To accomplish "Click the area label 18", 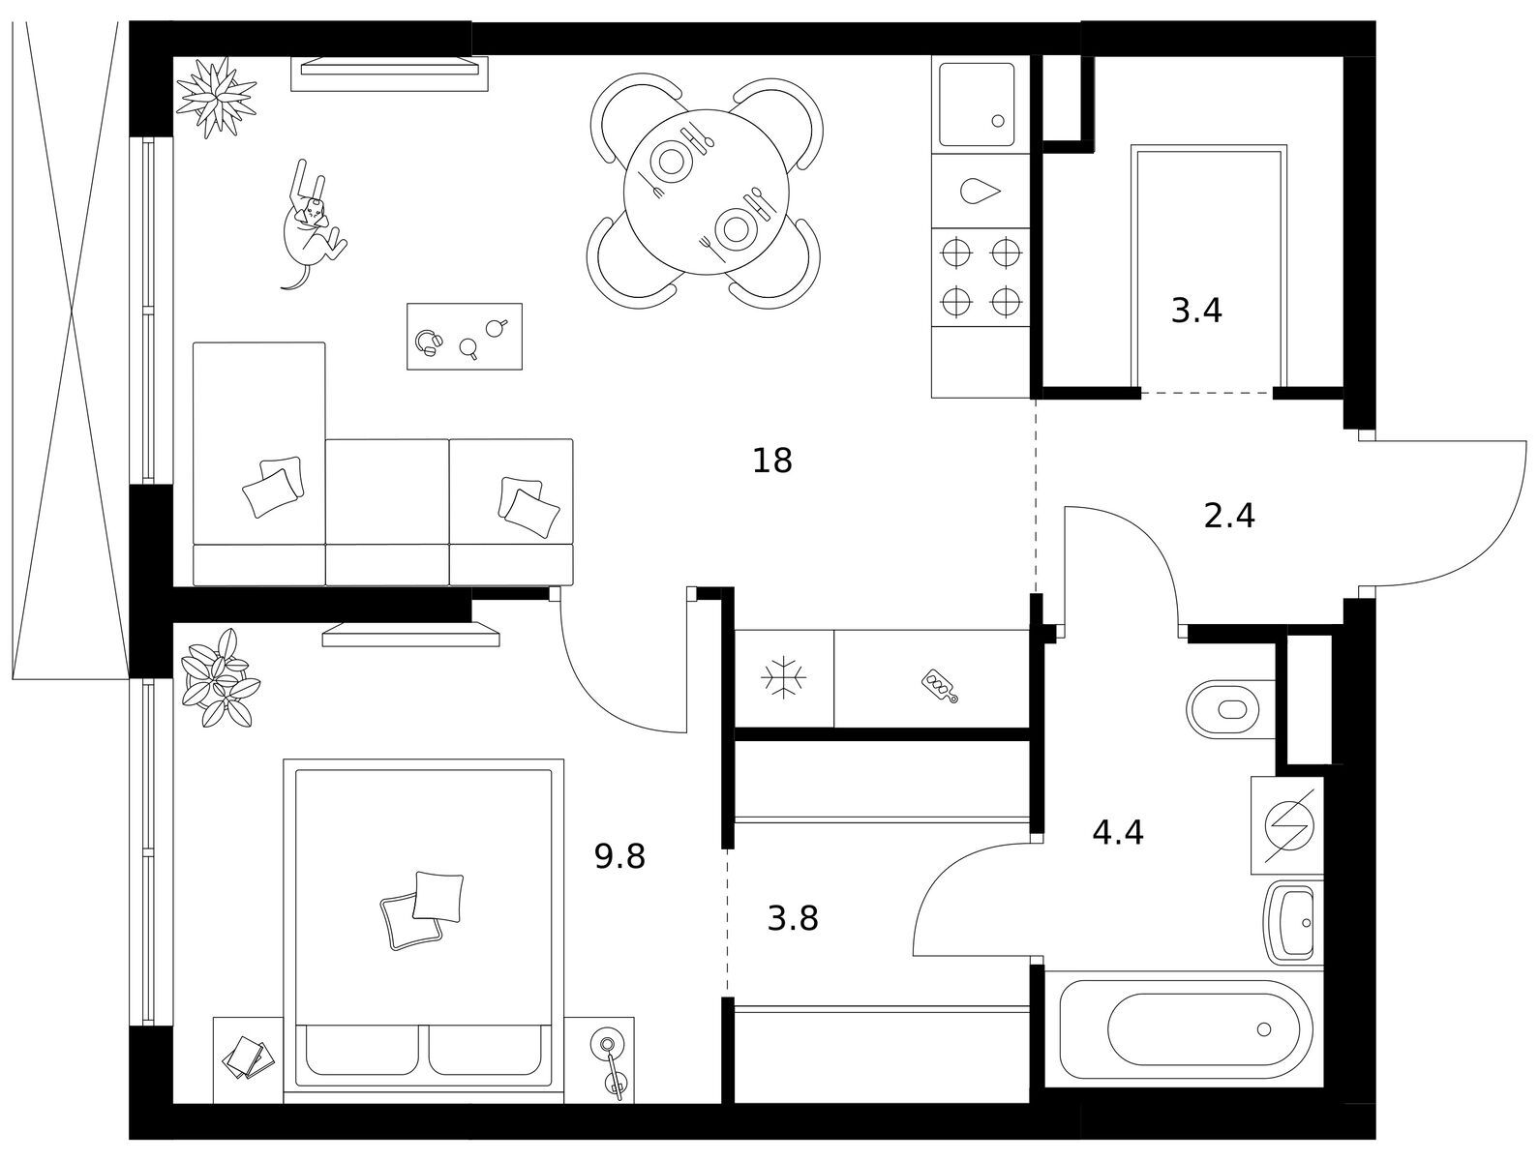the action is [x=772, y=461].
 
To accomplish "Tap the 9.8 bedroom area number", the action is [x=619, y=856].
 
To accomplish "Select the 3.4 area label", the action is [x=1196, y=311].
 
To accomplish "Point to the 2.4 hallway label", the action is [x=1229, y=516].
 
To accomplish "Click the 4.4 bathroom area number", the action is [x=1118, y=833].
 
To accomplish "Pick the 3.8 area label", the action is [x=793, y=918].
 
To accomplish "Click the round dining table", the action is [x=706, y=192].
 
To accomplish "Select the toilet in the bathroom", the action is [x=1230, y=709].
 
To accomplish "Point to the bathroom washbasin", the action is [x=1293, y=923].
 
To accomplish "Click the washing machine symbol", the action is [x=1288, y=825].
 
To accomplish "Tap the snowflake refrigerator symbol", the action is [x=784, y=677].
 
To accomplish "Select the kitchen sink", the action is [x=977, y=104].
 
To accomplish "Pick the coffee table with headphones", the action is [x=465, y=337].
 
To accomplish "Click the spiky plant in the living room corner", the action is [x=216, y=98].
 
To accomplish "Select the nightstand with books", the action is [x=248, y=1060].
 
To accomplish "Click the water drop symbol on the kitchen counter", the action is [x=980, y=192].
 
